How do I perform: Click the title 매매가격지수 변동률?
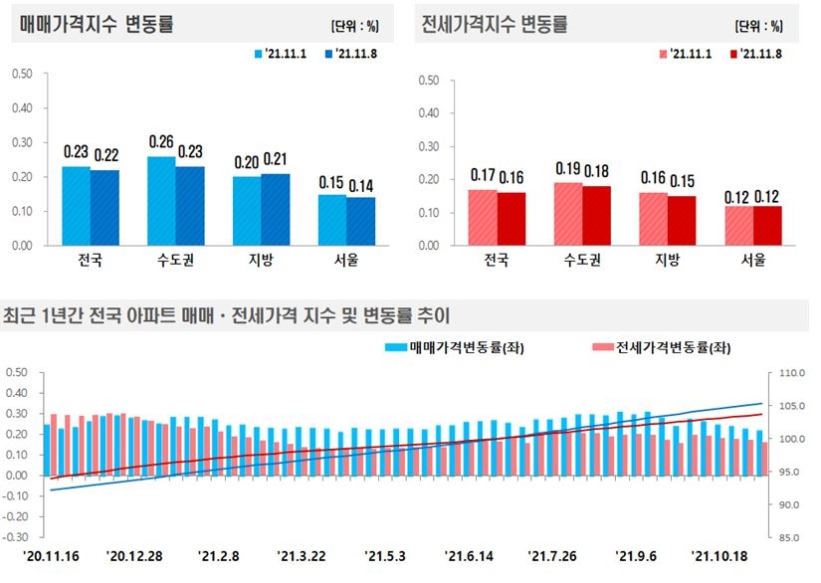97,25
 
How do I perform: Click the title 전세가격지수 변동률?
494,25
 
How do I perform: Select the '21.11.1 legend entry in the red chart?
692,54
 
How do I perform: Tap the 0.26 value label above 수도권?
161,142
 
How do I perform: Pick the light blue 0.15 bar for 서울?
333,219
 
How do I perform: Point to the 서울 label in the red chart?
753,261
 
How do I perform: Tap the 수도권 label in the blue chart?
176,261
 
